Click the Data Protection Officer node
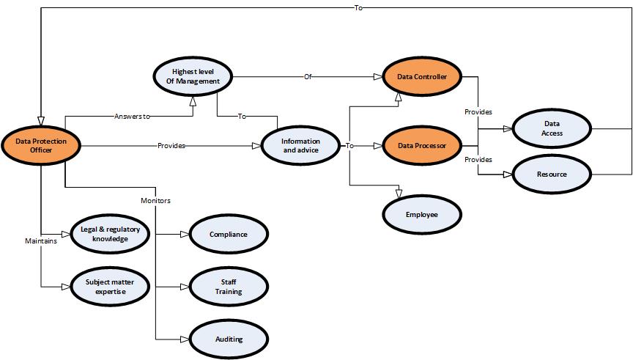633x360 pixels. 40,144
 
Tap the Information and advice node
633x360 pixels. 300,145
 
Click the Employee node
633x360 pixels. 422,214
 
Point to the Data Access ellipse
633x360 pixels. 552,129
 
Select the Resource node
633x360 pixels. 552,175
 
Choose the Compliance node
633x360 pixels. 229,235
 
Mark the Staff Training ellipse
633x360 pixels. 229,286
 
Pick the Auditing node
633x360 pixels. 229,339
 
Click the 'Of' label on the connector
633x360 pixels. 308,76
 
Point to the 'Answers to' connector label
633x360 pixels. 132,117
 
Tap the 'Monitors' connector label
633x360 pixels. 156,200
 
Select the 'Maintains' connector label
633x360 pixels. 41,240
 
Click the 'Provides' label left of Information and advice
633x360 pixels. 171,145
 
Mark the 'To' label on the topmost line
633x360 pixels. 359,8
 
